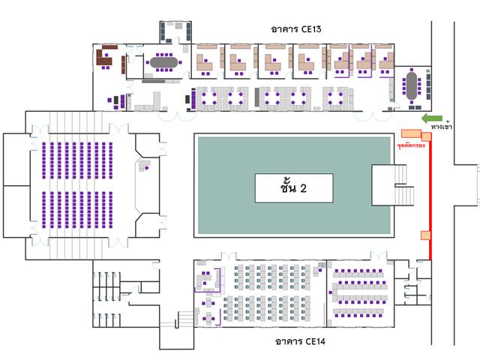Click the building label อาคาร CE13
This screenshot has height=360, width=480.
click(296, 29)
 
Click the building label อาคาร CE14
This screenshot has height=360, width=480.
click(300, 341)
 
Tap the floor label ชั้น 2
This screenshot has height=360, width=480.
click(293, 187)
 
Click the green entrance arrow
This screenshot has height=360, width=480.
click(432, 118)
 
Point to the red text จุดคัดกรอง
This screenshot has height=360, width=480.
click(411, 145)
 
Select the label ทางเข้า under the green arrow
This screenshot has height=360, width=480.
click(441, 127)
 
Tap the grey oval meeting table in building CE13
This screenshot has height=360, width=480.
click(164, 62)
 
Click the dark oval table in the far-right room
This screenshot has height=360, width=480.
click(412, 85)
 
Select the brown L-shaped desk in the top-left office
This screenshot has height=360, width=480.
click(103, 58)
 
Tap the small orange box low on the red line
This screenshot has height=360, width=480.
click(425, 235)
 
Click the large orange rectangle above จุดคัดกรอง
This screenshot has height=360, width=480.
click(412, 133)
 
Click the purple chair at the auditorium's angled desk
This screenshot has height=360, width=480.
click(147, 168)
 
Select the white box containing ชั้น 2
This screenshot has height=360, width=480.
click(294, 188)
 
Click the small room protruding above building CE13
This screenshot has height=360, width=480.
click(175, 32)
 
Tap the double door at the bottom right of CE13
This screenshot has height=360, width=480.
click(373, 116)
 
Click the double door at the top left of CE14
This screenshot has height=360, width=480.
click(229, 256)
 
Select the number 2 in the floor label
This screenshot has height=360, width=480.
click(303, 188)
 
